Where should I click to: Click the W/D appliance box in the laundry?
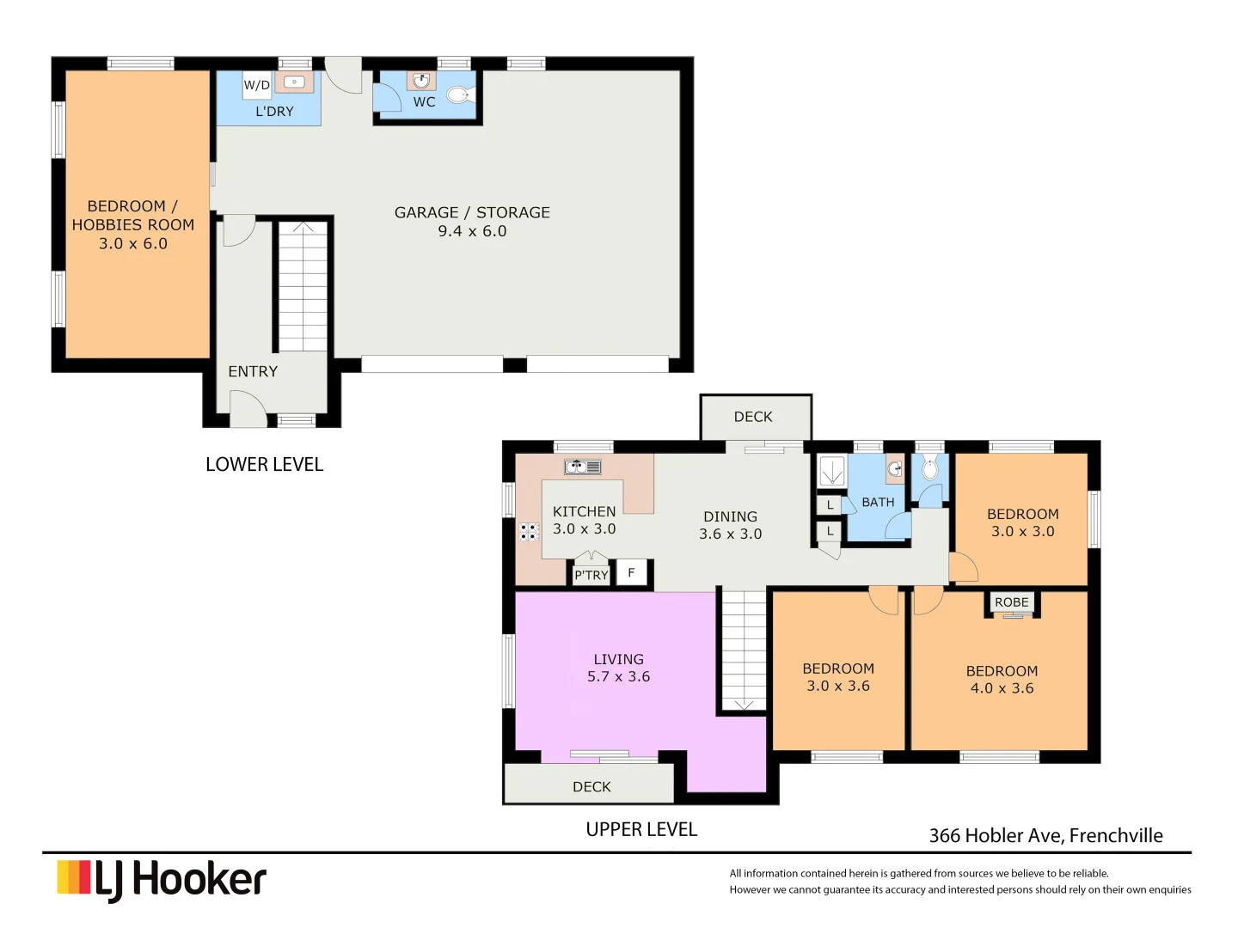pos(257,85)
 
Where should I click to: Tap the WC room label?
pos(425,102)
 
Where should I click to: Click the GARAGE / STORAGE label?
pos(472,212)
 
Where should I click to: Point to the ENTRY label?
pos(253,371)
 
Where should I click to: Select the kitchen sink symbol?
pos(582,467)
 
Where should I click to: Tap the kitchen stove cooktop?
pos(529,531)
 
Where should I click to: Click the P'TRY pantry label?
pos(591,575)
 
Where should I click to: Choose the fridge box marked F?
pos(632,572)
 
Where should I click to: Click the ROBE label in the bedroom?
pos(1012,602)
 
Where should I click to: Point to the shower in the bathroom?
pos(831,471)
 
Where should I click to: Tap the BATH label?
pos(878,502)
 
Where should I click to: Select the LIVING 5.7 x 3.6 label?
pos(618,668)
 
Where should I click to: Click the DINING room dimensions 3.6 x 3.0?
pos(730,534)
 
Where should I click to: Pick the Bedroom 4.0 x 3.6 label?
pos(1002,679)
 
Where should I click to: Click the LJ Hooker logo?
pos(162,879)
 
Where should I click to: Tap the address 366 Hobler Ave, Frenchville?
pos(1045,835)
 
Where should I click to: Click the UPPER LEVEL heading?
pos(641,829)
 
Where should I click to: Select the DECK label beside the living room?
pos(591,786)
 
